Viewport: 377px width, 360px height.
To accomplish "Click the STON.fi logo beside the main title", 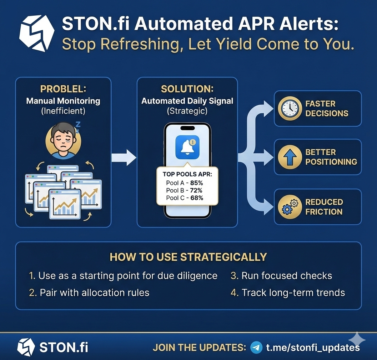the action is pyautogui.click(x=36, y=33).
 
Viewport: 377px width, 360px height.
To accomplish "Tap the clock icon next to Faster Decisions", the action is pyautogui.click(x=290, y=109).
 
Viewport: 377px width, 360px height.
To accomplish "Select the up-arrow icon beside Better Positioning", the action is pyautogui.click(x=290, y=157).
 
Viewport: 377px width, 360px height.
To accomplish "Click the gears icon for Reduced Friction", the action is pyautogui.click(x=290, y=207).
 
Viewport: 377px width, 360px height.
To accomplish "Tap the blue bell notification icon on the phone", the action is pyautogui.click(x=187, y=147).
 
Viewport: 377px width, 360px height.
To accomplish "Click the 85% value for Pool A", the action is pyautogui.click(x=196, y=183).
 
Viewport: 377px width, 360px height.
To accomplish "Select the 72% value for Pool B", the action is pyautogui.click(x=196, y=190).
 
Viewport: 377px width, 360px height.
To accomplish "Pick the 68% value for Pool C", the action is pyautogui.click(x=196, y=198).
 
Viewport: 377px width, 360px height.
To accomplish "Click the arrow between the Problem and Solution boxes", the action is pyautogui.click(x=124, y=157).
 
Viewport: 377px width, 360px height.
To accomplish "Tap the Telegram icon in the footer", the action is pyautogui.click(x=256, y=347).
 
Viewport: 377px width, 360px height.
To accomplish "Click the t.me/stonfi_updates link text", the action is pyautogui.click(x=313, y=347).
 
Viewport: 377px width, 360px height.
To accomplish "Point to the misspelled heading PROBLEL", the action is pyautogui.click(x=63, y=89).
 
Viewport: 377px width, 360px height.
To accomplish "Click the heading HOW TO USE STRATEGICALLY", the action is pyautogui.click(x=188, y=257).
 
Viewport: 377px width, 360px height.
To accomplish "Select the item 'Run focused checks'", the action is pyautogui.click(x=286, y=276).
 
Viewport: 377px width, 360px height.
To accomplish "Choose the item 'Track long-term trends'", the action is pyautogui.click(x=293, y=293).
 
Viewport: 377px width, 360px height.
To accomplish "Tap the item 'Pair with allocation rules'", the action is pyautogui.click(x=94, y=293).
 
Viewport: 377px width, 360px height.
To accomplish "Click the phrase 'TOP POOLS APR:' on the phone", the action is pyautogui.click(x=187, y=175).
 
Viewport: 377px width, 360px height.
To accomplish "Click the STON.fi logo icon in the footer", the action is pyautogui.click(x=26, y=347).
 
